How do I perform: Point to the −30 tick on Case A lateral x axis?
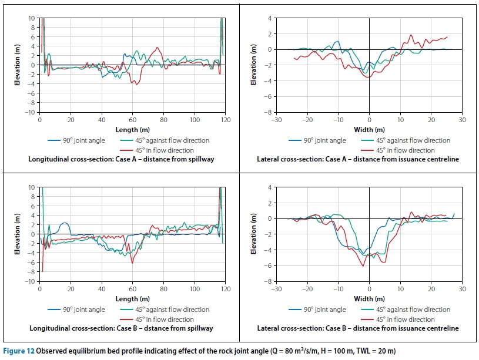click(x=276, y=120)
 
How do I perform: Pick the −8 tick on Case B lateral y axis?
click(x=270, y=281)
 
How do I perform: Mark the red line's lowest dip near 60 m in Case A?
click(x=136, y=85)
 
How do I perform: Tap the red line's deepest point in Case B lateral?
click(x=363, y=266)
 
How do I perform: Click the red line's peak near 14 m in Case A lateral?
click(x=411, y=35)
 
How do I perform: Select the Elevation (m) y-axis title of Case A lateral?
click(x=254, y=65)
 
